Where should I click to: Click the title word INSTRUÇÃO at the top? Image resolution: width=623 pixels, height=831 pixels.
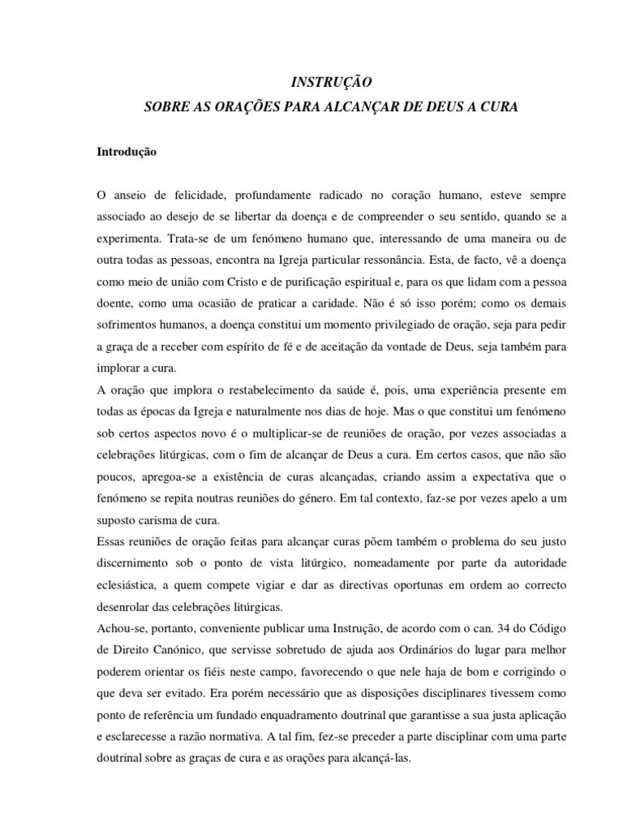[x=331, y=82]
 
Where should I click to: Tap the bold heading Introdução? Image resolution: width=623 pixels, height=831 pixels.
[x=127, y=151]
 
